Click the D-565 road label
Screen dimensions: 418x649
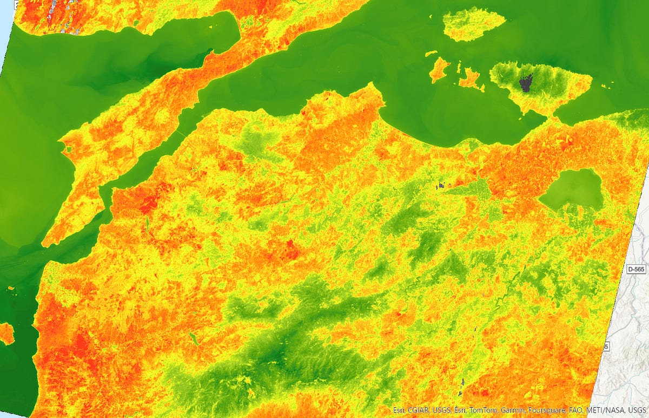(636, 269)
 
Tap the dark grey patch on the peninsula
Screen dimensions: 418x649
(525, 83)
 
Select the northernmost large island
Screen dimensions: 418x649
(474, 24)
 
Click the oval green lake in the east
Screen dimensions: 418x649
(572, 189)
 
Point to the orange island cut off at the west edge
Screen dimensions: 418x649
(5, 333)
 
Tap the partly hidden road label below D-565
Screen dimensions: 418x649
(606, 346)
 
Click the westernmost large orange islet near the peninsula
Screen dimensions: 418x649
(439, 69)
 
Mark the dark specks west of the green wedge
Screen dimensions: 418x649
(441, 186)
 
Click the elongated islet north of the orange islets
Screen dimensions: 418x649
(431, 54)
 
